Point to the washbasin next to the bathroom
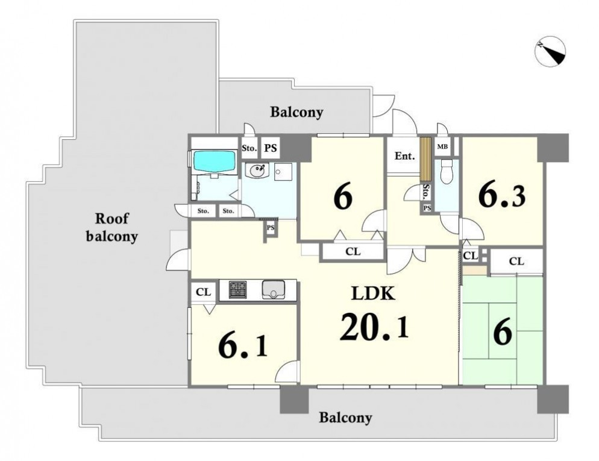[x=256, y=170]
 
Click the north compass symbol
[x=550, y=52]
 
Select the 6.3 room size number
[x=502, y=196]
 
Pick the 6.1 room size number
[x=243, y=347]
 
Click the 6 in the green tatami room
[x=503, y=333]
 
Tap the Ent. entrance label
[x=405, y=156]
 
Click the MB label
[x=442, y=146]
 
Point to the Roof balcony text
[x=111, y=228]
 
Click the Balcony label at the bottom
[x=345, y=418]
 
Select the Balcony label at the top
[x=297, y=112]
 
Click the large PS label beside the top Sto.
[x=271, y=148]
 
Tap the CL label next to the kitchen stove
[x=203, y=292]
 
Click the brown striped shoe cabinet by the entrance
[x=425, y=159]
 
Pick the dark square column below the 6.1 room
[x=294, y=399]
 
